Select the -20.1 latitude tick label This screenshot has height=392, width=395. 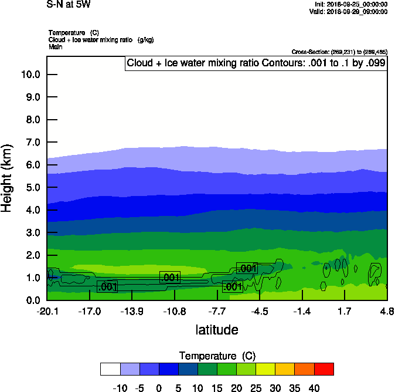pyautogui.click(x=47, y=311)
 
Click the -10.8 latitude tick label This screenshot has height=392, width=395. pyautogui.click(x=175, y=311)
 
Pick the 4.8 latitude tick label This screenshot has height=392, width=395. pyautogui.click(x=387, y=311)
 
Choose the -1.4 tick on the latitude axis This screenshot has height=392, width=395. pyautogui.click(x=302, y=311)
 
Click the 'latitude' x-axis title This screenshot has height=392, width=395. pyautogui.click(x=217, y=330)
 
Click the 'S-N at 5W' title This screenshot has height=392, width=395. pyautogui.click(x=69, y=5)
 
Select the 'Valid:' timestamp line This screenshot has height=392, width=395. pyautogui.click(x=348, y=11)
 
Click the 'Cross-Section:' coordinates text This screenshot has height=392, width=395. pyautogui.click(x=339, y=52)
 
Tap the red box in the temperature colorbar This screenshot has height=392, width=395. pyautogui.click(x=324, y=369)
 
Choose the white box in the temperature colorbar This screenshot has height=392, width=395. pyautogui.click(x=110, y=369)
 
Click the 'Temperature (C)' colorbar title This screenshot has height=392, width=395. pyautogui.click(x=217, y=356)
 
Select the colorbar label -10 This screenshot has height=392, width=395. pyautogui.click(x=120, y=387)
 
